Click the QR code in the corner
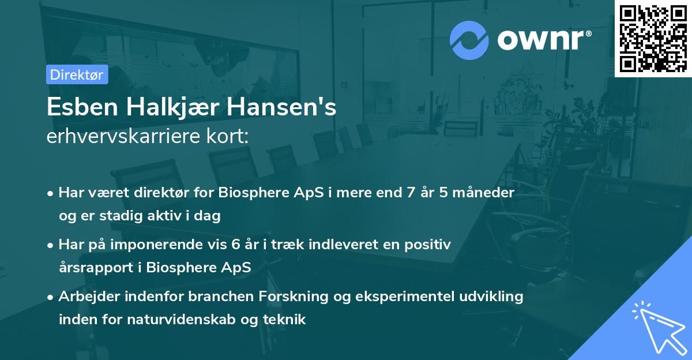tap(653, 39)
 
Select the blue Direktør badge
tap(77, 74)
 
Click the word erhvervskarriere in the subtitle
tap(121, 137)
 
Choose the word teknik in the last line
tap(286, 320)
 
